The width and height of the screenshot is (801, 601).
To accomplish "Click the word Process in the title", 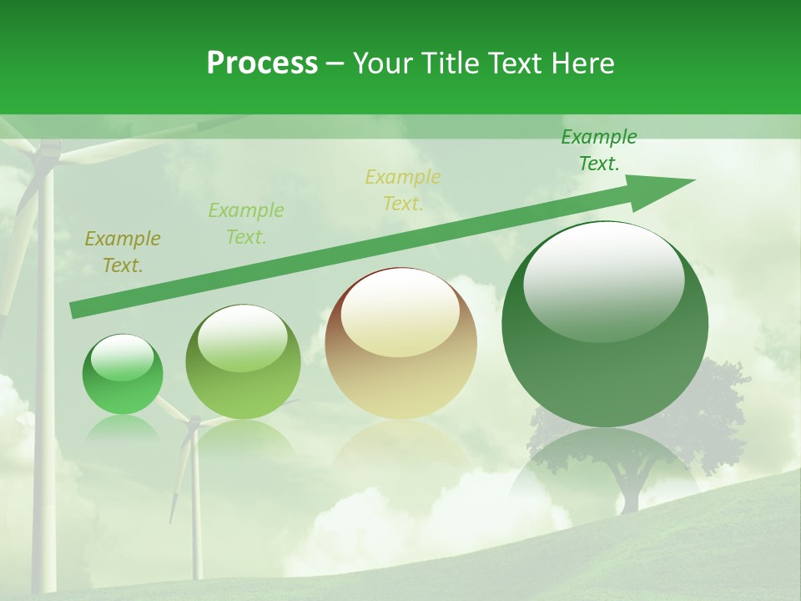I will (x=262, y=63).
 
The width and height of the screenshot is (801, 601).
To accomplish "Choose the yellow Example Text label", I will (x=403, y=190).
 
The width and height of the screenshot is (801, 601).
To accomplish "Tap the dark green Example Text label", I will (x=598, y=150).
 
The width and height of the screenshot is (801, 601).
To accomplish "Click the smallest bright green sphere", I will (x=123, y=376).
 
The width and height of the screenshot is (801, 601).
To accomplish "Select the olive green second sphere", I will (x=243, y=363).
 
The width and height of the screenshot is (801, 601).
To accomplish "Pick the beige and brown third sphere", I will (x=400, y=344).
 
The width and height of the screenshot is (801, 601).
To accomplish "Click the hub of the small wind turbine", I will (x=194, y=424).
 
